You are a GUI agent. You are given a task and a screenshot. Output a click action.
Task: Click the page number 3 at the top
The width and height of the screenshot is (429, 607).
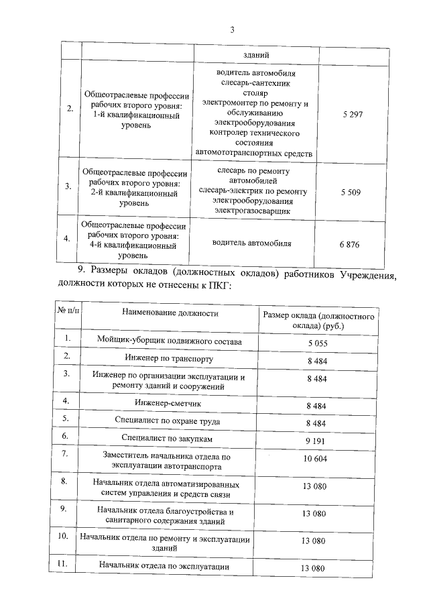[x=232, y=30]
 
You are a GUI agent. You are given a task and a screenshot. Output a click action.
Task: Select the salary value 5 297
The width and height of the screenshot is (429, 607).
[x=351, y=115]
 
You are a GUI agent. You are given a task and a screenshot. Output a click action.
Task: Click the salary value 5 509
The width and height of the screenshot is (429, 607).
[x=350, y=192]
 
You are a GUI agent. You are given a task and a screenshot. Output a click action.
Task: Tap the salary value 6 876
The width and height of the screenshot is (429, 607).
[x=349, y=244]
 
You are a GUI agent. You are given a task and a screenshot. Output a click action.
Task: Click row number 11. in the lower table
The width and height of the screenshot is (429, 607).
[x=65, y=564]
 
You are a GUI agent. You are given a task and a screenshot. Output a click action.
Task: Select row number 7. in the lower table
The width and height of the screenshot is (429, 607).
[x=65, y=454]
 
